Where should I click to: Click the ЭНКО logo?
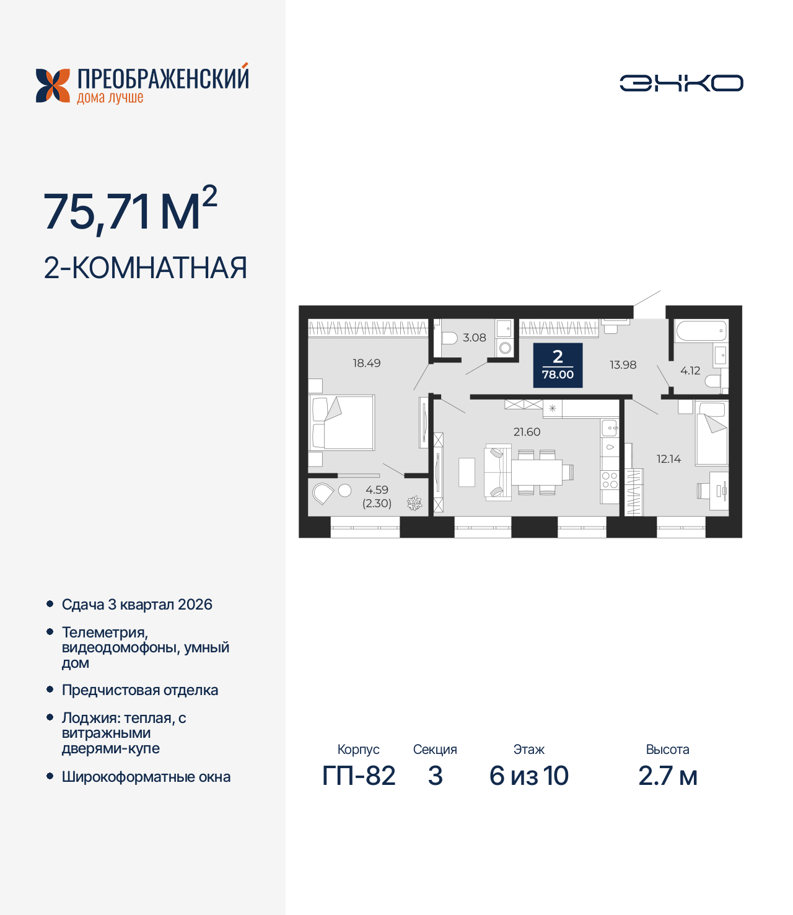(681, 83)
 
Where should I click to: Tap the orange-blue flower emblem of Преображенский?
(53, 85)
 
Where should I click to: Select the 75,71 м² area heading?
(130, 211)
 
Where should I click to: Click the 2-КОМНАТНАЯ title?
(145, 268)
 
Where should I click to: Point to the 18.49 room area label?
(366, 363)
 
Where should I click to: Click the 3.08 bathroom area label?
(474, 338)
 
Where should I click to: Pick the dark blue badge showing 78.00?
(558, 365)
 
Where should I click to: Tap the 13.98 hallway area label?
(623, 365)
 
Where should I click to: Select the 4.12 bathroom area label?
(690, 370)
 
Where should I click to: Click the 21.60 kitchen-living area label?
(527, 432)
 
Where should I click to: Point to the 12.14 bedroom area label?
(668, 459)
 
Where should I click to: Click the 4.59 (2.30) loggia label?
(377, 496)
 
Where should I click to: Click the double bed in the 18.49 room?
(343, 422)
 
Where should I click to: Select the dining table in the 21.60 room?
(537, 472)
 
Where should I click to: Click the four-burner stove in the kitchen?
(610, 480)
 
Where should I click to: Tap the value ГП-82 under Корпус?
(359, 776)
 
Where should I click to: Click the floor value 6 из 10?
(528, 776)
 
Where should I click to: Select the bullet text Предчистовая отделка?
(140, 690)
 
